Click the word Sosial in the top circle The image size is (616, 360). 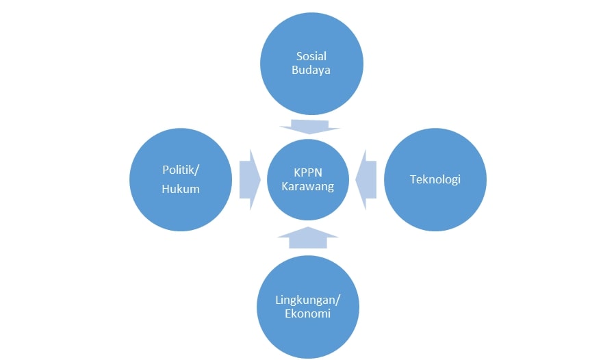coord(311,55)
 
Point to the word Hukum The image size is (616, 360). coord(181,188)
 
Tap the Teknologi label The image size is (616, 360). coord(435,180)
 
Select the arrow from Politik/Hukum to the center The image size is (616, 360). coord(250,180)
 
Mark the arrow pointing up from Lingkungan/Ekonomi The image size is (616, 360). coord(308,237)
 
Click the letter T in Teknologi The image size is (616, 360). coord(413,180)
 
